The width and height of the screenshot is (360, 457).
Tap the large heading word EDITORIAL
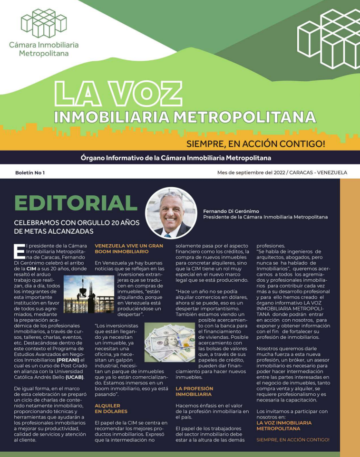76,203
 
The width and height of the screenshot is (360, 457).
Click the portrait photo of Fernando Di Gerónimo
171,212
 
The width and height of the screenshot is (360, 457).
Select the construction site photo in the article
86,294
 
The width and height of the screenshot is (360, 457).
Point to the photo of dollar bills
169,342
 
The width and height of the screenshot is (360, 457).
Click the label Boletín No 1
30,172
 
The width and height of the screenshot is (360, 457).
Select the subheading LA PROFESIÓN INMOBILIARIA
194,391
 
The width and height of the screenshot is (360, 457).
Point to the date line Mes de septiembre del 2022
282,172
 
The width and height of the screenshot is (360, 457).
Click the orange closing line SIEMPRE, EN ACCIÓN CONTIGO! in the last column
292,440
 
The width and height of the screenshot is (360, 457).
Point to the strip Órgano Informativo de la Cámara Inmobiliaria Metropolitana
179,157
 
